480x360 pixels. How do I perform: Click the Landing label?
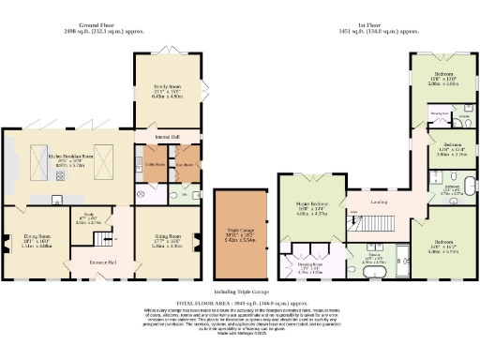(x=379, y=199)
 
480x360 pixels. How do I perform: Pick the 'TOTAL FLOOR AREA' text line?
(x=241, y=304)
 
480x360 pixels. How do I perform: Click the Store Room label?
(x=184, y=163)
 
